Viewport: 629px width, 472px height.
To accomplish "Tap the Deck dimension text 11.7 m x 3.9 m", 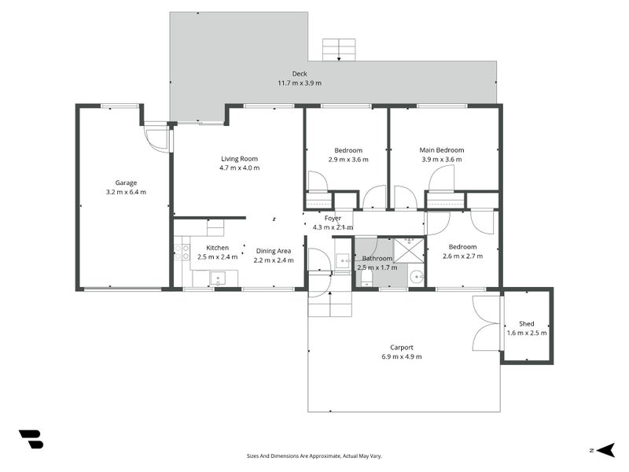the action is point(299,83).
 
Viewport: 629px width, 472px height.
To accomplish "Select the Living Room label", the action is point(239,159).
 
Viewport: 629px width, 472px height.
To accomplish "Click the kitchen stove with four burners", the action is point(182,252).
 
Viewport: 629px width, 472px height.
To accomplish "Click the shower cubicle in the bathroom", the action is point(409,250).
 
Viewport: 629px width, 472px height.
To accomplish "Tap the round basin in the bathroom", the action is point(416,275).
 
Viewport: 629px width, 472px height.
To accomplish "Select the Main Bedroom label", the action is point(441,150).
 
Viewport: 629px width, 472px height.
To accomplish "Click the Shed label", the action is point(526,323).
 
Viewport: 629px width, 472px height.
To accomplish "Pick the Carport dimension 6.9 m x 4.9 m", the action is point(401,356).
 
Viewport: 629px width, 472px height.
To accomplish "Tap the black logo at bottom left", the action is point(31,439).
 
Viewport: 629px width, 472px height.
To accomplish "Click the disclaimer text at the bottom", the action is point(314,455).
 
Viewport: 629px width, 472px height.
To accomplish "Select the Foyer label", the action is point(333,218).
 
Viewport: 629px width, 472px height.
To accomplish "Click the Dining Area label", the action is point(273,251).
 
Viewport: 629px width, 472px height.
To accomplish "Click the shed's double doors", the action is point(487,323).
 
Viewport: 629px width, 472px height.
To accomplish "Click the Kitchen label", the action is point(218,248).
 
